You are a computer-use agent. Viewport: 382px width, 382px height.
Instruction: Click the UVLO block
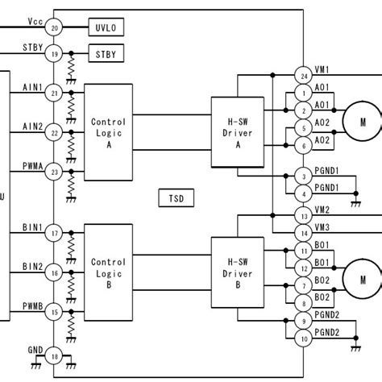click(106, 27)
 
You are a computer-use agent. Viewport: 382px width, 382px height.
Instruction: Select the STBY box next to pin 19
click(106, 55)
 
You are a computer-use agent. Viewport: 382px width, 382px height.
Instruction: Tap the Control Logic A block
click(108, 133)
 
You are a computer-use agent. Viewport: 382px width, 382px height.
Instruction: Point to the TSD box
click(176, 197)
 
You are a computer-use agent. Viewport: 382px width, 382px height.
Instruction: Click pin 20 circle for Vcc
click(55, 28)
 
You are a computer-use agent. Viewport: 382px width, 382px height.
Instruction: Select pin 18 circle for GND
click(55, 356)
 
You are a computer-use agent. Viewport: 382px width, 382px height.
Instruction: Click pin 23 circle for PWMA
click(55, 172)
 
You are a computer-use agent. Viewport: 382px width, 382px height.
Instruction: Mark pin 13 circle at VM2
click(303, 217)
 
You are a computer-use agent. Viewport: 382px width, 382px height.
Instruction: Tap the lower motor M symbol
click(362, 280)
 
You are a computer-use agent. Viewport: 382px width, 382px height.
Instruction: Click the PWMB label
click(32, 305)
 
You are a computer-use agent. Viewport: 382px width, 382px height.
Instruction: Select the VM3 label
click(322, 226)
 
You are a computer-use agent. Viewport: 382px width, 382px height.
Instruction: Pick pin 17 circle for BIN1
click(55, 235)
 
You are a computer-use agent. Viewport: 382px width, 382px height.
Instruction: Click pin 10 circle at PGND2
click(303, 339)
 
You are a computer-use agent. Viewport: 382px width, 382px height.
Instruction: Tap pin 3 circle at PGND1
click(303, 176)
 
